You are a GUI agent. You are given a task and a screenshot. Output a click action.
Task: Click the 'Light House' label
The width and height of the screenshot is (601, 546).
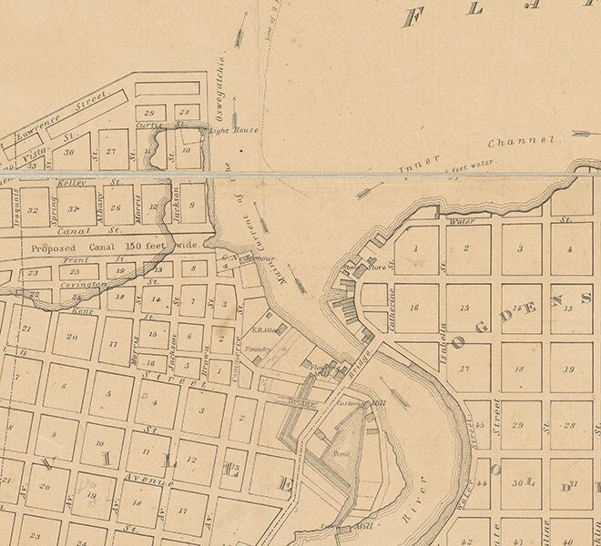point(234,130)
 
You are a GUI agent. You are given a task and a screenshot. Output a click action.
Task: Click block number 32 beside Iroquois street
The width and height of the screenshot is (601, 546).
point(34,209)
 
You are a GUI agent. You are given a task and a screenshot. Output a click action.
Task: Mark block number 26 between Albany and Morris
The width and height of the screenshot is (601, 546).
point(116,207)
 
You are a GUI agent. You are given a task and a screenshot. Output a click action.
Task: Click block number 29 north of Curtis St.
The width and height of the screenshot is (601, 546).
point(151,112)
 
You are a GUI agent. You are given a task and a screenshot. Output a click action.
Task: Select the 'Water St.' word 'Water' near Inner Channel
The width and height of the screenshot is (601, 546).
point(463,220)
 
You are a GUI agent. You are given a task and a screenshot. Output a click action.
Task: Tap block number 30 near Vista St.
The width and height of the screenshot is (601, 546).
point(69,152)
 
